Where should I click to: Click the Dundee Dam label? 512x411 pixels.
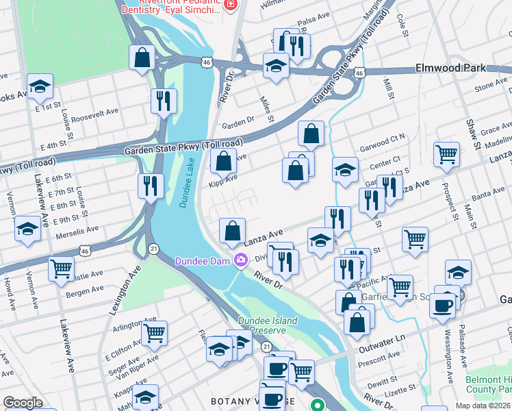203,260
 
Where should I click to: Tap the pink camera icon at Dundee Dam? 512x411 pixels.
240,260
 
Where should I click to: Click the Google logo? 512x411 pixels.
23,403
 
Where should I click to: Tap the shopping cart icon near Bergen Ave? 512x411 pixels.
62,268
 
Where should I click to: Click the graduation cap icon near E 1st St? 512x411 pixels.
40,86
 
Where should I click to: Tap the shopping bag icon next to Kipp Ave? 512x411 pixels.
223,162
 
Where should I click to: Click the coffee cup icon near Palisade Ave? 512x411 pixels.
443,304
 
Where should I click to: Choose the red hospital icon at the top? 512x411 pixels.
231,4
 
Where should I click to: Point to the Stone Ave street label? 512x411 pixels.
490,86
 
